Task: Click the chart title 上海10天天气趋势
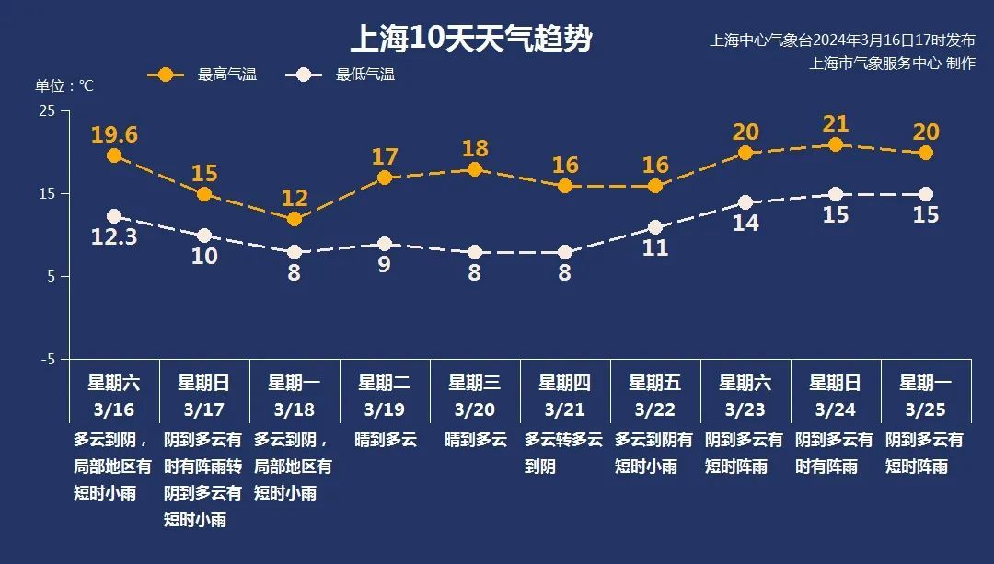tap(470, 40)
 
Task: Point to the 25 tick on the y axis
tap(47, 111)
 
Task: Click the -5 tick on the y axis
tap(47, 359)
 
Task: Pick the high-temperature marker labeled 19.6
tap(114, 155)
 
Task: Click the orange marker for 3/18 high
tap(295, 219)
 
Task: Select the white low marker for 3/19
tap(385, 244)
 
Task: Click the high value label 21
tap(836, 124)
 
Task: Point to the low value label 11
tap(655, 248)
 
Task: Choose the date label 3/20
tap(474, 409)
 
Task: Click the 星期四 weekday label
tap(564, 383)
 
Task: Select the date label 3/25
tap(925, 409)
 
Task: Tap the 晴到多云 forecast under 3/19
tap(386, 440)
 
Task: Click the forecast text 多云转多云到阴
tap(563, 453)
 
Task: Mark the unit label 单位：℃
tap(64, 86)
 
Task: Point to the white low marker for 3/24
tap(836, 194)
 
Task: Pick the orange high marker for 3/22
tap(655, 186)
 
